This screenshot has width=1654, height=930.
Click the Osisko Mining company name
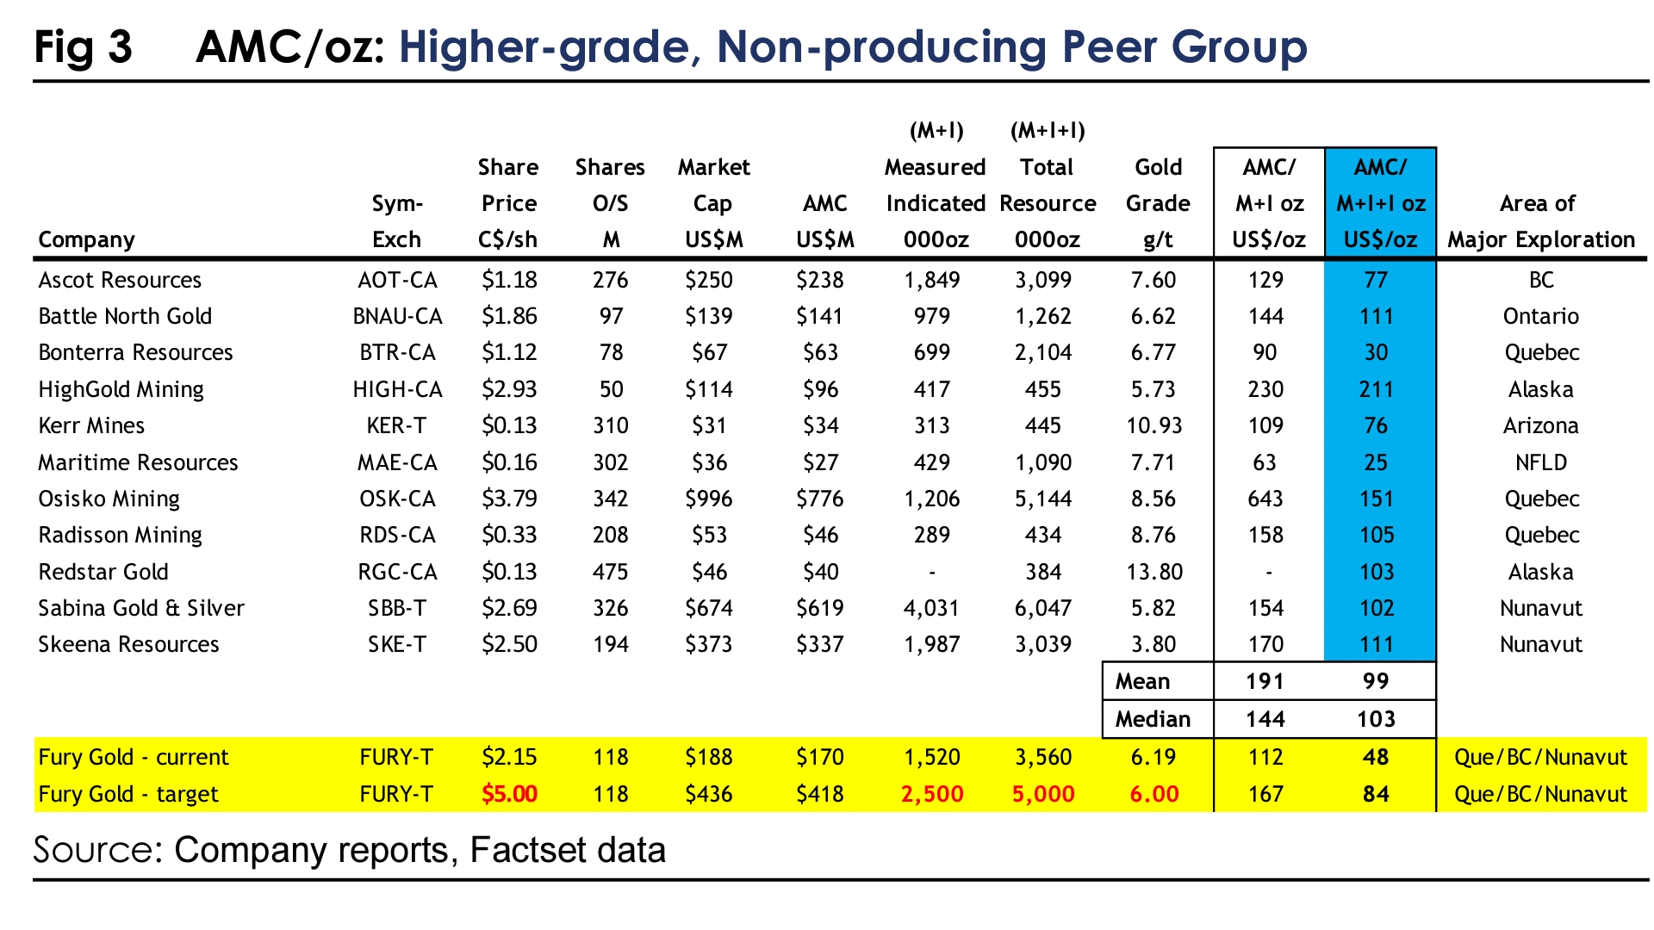coord(109,499)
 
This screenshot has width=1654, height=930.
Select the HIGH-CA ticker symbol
coord(397,389)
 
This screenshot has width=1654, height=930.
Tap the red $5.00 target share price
coord(509,793)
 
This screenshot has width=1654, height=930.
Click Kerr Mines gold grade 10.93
coord(1154,425)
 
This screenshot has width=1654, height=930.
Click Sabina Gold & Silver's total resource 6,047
coord(1043,608)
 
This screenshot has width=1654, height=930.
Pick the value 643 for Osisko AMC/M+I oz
coord(1265,499)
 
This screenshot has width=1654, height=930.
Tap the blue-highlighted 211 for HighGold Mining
coord(1376,389)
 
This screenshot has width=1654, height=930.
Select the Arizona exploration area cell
coord(1540,425)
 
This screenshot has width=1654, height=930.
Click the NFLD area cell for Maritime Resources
coord(1540,462)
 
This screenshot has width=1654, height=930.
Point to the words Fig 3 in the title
coord(84,46)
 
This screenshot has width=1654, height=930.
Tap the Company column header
coord(86,239)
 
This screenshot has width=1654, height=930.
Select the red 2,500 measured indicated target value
coord(932,793)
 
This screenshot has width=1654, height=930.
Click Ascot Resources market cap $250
coord(709,280)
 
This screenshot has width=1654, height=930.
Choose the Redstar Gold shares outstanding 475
coord(611,572)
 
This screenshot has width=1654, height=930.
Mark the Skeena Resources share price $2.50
coord(509,644)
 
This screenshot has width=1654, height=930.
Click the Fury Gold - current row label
coord(134,757)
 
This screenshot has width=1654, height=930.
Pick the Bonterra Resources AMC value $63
coord(820,352)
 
